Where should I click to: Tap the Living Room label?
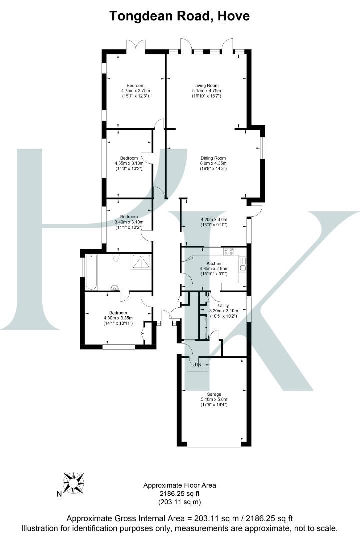pyautogui.click(x=207, y=85)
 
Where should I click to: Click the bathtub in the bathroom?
pyautogui.click(x=91, y=272)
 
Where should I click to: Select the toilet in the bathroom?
pyautogui.click(x=116, y=258)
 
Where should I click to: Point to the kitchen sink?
pyautogui.click(x=242, y=268)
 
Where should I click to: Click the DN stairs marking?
pyautogui.click(x=198, y=365)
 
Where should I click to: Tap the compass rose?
pyautogui.click(x=73, y=483)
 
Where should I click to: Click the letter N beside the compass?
pyautogui.click(x=59, y=495)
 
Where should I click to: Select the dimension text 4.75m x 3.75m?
pyautogui.click(x=136, y=91)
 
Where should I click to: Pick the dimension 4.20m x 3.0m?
pyautogui.click(x=214, y=219)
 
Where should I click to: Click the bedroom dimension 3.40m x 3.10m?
pyautogui.click(x=129, y=222)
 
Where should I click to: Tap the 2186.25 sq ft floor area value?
pyautogui.click(x=180, y=493)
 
